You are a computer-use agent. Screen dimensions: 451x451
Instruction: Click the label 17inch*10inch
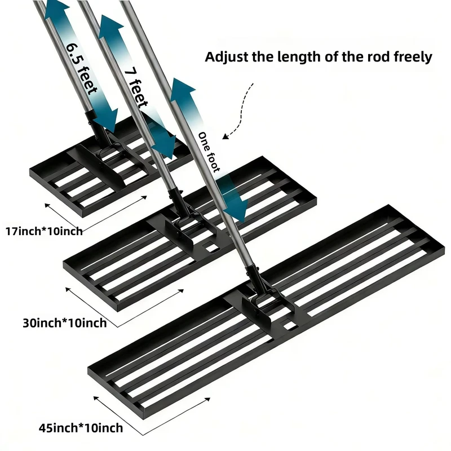[x=44, y=231]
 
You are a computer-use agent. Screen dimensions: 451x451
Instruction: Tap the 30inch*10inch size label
[x=65, y=323]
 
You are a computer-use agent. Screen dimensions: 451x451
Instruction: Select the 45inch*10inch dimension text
[x=81, y=428]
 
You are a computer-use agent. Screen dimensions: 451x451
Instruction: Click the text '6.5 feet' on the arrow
[x=81, y=68]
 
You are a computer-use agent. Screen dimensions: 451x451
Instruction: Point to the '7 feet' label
[x=136, y=87]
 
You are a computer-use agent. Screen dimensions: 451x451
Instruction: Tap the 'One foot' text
[x=209, y=152]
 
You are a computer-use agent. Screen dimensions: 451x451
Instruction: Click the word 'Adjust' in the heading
[x=227, y=57]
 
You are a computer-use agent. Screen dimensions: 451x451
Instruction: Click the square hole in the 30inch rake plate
[x=211, y=247]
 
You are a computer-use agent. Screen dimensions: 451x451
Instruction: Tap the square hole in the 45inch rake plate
[x=289, y=325]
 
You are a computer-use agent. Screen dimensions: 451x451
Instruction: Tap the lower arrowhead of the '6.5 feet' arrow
[x=106, y=121]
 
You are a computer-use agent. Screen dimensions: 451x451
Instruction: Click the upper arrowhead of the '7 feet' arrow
[x=110, y=26]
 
